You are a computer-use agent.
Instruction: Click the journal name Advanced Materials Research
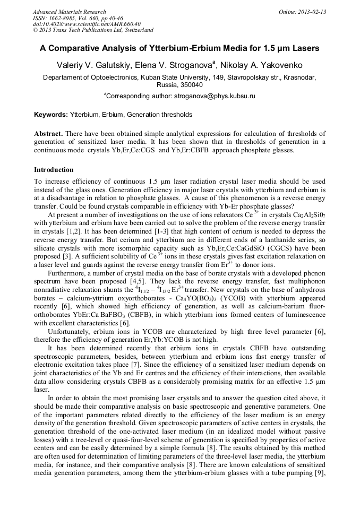[69, 12]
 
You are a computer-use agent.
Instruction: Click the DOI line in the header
[87, 24]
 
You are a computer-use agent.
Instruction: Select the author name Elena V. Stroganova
[176, 65]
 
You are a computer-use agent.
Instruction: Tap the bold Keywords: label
[50, 115]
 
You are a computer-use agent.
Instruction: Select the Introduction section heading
[54, 170]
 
